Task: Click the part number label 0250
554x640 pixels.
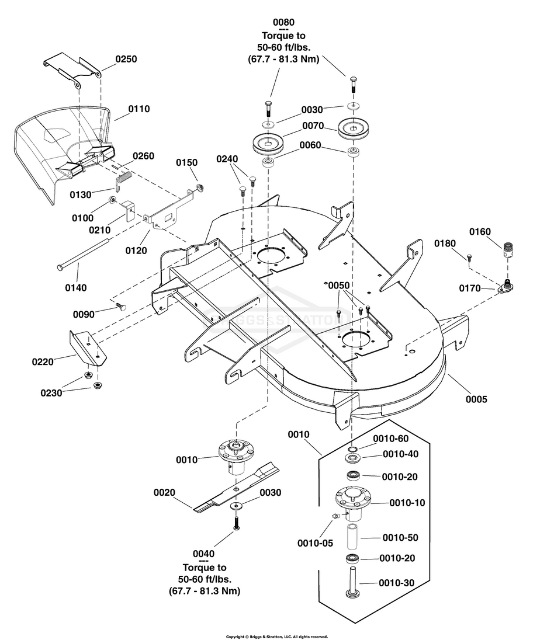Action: pyautogui.click(x=126, y=60)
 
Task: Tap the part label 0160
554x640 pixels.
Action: pyautogui.click(x=480, y=232)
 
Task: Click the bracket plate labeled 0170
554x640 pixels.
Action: pyautogui.click(x=504, y=288)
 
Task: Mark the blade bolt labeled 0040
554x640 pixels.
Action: pyautogui.click(x=237, y=523)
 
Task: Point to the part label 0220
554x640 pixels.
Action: pyautogui.click(x=43, y=362)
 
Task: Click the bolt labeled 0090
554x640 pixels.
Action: pyautogui.click(x=122, y=305)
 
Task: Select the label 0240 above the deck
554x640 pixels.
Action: pyautogui.click(x=228, y=159)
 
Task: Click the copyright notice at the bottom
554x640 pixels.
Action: pyautogui.click(x=277, y=636)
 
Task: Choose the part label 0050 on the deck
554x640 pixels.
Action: pyautogui.click(x=338, y=286)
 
